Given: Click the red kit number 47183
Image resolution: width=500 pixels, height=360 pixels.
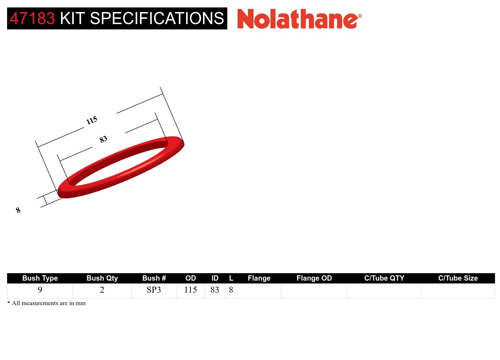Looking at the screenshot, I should (x=32, y=18).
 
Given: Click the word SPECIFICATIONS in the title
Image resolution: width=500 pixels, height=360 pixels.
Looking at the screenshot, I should (x=157, y=18).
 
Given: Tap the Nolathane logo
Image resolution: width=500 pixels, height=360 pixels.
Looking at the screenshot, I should (x=299, y=19).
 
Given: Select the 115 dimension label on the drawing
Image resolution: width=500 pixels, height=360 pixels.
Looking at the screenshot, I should (x=92, y=120).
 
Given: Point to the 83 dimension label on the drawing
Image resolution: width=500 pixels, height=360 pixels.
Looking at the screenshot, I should (x=103, y=139).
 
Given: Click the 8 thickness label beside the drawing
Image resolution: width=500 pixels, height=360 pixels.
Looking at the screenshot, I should (x=18, y=210).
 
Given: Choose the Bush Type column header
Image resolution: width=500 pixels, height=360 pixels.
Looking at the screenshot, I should (x=40, y=278).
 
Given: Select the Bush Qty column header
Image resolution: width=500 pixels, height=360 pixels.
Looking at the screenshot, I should (x=102, y=278).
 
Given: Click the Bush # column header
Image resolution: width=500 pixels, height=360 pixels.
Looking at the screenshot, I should (x=154, y=278).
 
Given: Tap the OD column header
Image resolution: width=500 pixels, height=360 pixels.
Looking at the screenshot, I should (x=191, y=278).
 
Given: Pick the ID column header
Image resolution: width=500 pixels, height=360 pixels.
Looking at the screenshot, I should (x=215, y=278).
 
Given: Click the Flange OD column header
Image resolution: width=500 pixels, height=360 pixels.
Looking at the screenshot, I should (x=314, y=278).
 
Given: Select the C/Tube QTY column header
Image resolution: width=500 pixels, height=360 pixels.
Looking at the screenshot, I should (x=384, y=278).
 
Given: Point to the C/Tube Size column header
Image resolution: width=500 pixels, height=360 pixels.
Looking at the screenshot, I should (x=458, y=278).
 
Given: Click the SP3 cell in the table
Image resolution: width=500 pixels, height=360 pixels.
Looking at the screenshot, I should (x=154, y=290).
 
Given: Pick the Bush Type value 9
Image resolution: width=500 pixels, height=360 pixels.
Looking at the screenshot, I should (x=40, y=290).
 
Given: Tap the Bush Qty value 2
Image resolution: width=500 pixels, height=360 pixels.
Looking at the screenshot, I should (x=102, y=290).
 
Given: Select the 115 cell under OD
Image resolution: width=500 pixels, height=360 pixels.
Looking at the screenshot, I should (x=191, y=290).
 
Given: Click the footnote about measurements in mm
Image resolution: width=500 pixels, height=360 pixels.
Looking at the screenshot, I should (x=46, y=303).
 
